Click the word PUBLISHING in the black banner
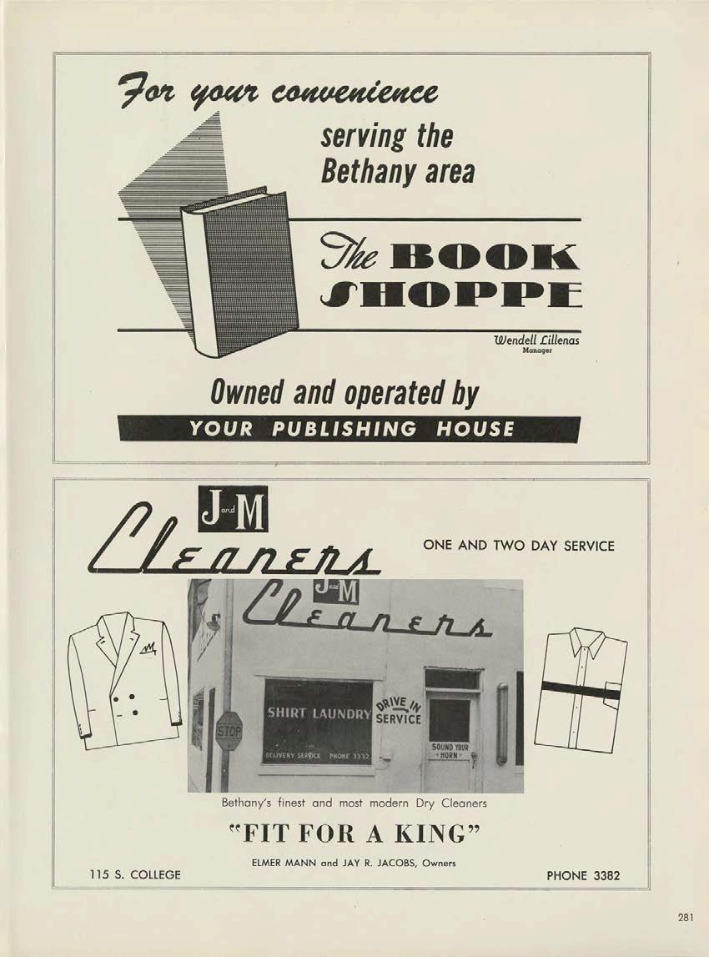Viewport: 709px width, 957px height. tap(344, 429)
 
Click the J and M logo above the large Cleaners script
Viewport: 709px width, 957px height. tap(233, 510)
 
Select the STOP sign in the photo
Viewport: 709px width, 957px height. tap(229, 732)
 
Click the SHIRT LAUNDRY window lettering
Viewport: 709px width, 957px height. tap(317, 713)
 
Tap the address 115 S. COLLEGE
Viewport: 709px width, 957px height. tap(135, 875)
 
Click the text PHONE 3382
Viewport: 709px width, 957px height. tap(583, 875)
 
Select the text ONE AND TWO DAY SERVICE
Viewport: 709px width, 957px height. tap(519, 546)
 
